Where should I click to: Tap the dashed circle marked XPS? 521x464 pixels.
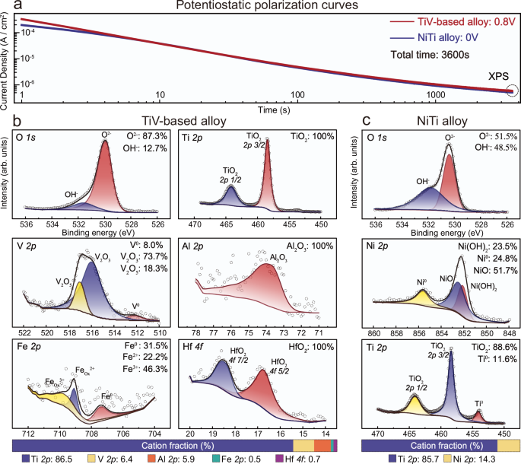click(510, 91)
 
